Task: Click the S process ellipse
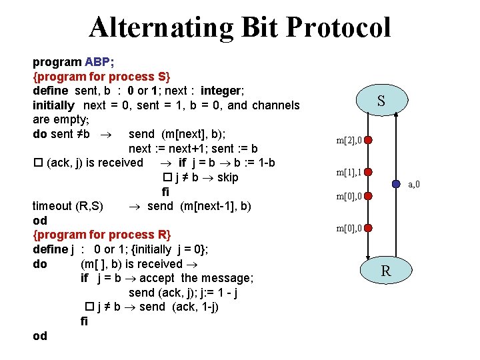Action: (381, 101)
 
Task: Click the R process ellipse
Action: (385, 271)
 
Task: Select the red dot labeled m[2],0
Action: (369, 141)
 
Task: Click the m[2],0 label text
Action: (349, 141)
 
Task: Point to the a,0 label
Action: (414, 185)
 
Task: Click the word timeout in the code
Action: (53, 206)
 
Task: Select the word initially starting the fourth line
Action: (53, 105)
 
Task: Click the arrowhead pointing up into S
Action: (397, 116)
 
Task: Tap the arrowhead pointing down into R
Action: (369, 257)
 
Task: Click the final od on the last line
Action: (40, 335)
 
